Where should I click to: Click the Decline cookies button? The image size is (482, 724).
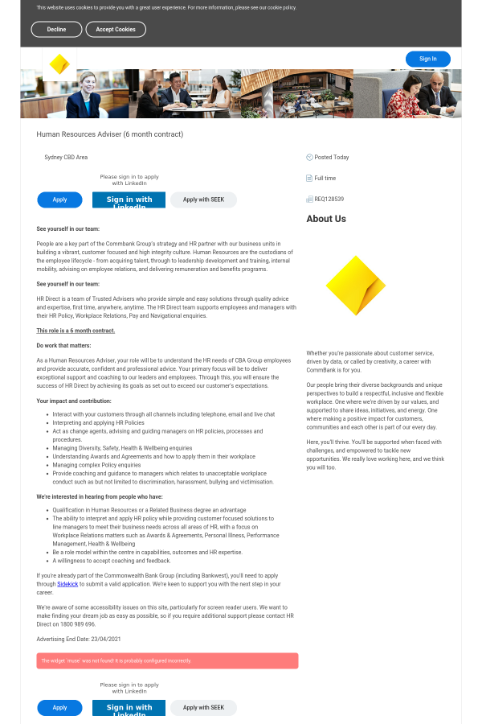56,29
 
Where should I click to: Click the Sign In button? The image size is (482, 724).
427,59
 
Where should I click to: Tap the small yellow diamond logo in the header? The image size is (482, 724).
59,64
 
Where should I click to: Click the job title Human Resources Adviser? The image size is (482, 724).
110,134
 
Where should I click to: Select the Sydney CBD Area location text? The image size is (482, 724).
66,158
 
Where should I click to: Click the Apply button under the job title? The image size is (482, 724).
59,200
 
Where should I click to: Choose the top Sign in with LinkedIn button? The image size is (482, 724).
129,200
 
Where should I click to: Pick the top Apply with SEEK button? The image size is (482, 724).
203,200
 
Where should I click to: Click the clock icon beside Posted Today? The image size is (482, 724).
309,157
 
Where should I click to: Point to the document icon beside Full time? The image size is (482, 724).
309,178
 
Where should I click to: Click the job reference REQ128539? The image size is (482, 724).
329,199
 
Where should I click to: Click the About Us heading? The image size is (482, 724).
326,219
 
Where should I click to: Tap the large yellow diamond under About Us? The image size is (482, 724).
355,286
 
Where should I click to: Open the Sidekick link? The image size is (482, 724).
67,584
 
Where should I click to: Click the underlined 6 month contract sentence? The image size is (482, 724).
76,331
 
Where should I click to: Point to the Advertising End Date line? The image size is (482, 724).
78,639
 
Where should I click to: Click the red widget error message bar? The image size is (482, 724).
167,660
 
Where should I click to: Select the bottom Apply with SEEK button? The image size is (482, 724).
203,708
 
